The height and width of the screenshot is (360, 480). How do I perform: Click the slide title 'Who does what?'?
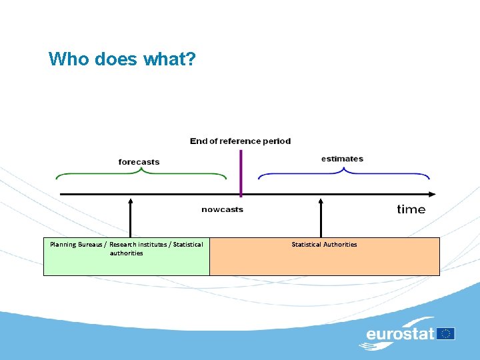point(122,59)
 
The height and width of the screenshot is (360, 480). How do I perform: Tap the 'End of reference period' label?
point(240,141)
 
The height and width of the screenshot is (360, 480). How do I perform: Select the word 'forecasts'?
point(139,162)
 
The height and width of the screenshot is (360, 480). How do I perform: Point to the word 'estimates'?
point(342,159)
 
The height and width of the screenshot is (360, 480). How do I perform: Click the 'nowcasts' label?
point(222,209)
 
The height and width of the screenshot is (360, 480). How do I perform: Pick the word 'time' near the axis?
point(411,209)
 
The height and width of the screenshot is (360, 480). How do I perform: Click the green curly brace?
point(141,174)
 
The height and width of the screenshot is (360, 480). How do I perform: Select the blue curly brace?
point(344,174)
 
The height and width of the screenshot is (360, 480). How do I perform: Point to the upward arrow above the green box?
point(131,217)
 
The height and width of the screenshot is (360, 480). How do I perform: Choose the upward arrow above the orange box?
point(321,217)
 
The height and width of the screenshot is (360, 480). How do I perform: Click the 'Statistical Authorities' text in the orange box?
point(324,245)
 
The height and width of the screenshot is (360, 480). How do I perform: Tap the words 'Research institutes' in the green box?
point(138,245)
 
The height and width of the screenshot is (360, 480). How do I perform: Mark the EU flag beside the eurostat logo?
point(447,333)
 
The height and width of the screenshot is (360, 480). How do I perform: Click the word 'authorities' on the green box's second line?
point(126,253)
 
